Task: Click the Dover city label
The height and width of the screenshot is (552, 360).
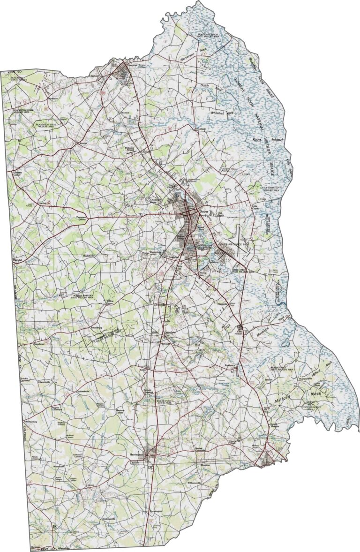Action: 203,212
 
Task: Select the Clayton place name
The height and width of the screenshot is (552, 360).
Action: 94,76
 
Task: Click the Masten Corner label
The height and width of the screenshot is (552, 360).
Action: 122,412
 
